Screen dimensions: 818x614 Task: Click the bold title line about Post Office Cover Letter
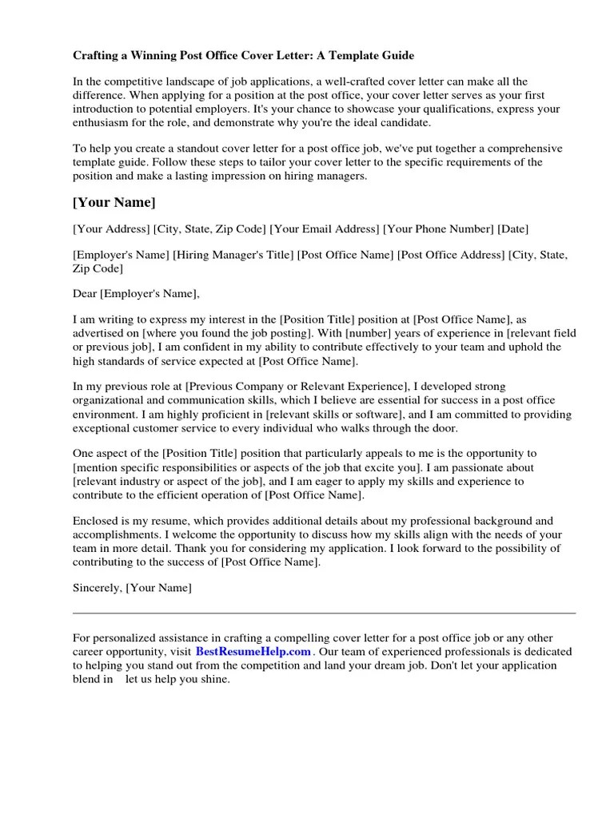click(244, 56)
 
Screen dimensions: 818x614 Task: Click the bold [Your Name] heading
click(114, 203)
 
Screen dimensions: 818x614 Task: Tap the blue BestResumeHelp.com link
click(253, 652)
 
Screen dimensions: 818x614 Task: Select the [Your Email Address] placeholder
click(324, 229)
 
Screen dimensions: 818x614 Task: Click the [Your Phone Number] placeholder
click(438, 229)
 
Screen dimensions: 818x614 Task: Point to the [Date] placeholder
click(513, 229)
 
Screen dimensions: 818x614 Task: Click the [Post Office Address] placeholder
click(450, 256)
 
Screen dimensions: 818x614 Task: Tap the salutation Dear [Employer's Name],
click(137, 294)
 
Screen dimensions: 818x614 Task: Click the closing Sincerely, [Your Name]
click(132, 588)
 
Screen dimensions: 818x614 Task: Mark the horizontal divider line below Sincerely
click(324, 613)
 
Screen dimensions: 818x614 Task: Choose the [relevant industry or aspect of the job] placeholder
click(167, 482)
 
